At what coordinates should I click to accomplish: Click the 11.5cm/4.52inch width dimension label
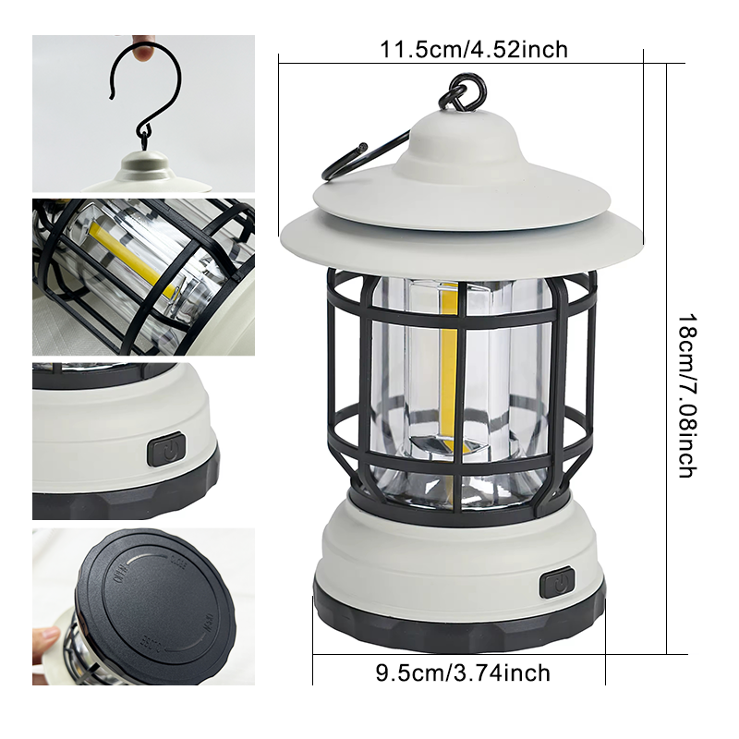click(474, 50)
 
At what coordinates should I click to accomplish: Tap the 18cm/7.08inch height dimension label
click(687, 396)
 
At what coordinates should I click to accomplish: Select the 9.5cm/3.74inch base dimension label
click(463, 672)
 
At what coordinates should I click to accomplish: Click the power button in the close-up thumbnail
click(166, 450)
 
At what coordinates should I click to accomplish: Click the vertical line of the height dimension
click(666, 358)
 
